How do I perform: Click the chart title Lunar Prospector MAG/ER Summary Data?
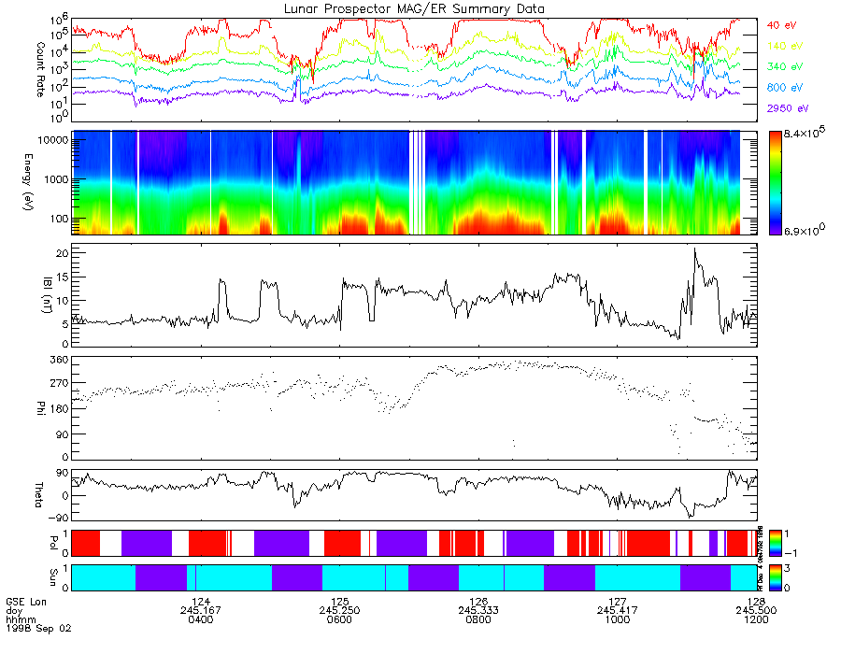[x=414, y=8]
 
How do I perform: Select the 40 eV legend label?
[x=782, y=24]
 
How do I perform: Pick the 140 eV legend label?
[x=784, y=46]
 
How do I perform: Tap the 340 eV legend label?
[x=784, y=67]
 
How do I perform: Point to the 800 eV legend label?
[x=784, y=88]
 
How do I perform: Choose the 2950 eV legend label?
[x=787, y=109]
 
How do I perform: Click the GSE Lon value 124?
[x=201, y=602]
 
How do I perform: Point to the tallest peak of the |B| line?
[x=694, y=249]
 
